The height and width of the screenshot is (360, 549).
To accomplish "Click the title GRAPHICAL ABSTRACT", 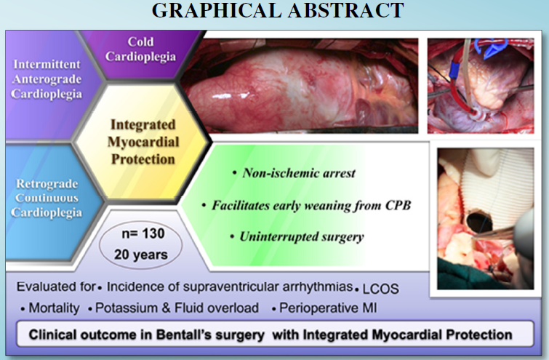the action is click(x=278, y=10).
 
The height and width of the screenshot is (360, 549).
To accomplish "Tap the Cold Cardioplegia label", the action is click(x=140, y=49).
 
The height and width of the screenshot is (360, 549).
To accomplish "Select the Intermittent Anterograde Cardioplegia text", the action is click(x=47, y=79).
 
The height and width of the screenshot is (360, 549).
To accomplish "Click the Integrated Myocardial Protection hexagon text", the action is click(x=143, y=142).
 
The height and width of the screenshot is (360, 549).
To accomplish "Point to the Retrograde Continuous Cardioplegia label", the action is click(x=47, y=198).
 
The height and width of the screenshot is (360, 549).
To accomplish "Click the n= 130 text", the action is click(x=143, y=233).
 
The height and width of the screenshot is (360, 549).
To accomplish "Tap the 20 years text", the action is click(x=141, y=255).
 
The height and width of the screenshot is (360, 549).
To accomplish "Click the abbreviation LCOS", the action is click(x=380, y=289).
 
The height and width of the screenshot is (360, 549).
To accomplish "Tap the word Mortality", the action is click(x=55, y=308).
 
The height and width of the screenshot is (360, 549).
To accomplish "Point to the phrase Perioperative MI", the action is click(x=328, y=308).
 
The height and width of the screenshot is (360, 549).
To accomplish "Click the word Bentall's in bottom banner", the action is click(x=210, y=335).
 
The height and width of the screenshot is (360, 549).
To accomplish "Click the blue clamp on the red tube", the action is click(x=454, y=69).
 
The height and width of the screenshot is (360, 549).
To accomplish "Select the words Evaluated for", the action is click(x=56, y=287).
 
